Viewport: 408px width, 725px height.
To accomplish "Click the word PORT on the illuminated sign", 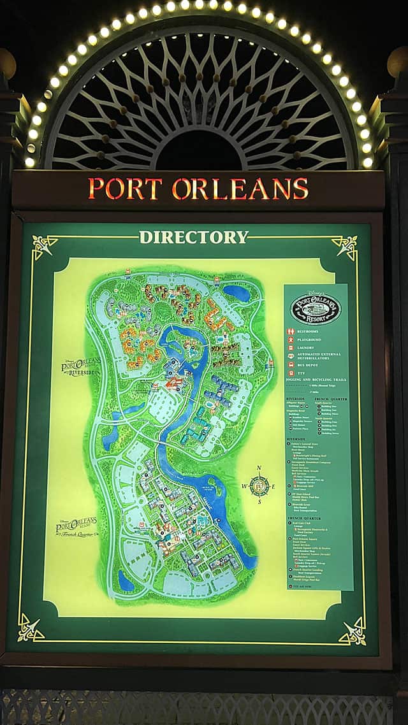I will click(x=125, y=189).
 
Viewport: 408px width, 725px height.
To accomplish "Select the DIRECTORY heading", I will click(x=194, y=238).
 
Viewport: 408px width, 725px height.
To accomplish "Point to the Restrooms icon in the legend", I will click(x=291, y=331).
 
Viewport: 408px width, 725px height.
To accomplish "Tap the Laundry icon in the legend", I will click(x=291, y=348).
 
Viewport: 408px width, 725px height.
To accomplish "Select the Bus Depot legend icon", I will click(x=291, y=365).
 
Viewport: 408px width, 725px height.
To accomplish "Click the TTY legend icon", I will click(x=291, y=373).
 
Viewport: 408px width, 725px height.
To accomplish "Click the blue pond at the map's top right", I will click(x=237, y=292).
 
